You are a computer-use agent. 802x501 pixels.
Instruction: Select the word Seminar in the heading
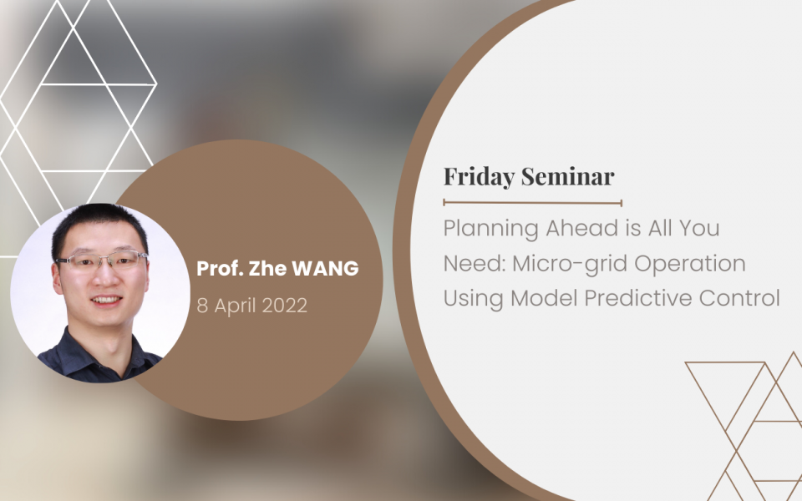pyautogui.click(x=568, y=176)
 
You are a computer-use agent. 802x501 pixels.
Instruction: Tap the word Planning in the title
pyautogui.click(x=490, y=229)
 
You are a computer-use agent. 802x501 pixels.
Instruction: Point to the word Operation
pyautogui.click(x=690, y=264)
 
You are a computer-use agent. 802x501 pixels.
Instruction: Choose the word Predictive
pyautogui.click(x=637, y=298)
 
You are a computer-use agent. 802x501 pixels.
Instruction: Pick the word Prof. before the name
pyautogui.click(x=220, y=268)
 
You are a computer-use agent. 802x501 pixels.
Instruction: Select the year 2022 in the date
pyautogui.click(x=284, y=306)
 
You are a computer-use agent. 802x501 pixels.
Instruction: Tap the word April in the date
pyautogui.click(x=236, y=306)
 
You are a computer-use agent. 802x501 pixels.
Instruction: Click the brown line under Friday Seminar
pyautogui.click(x=532, y=203)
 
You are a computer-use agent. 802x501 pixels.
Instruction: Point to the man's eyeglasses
pyautogui.click(x=102, y=260)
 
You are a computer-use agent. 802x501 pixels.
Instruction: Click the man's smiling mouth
pyautogui.click(x=106, y=300)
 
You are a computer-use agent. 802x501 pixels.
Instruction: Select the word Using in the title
pyautogui.click(x=473, y=299)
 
